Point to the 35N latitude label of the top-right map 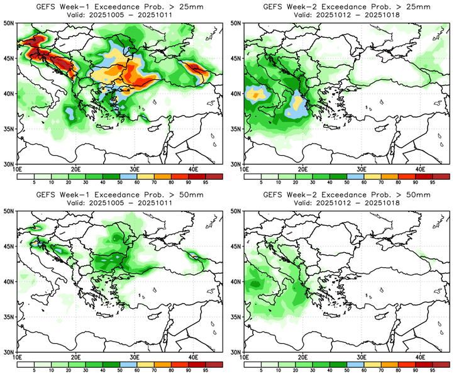click(235, 129)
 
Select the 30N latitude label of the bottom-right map click(235, 353)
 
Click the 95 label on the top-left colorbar click(206, 183)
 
